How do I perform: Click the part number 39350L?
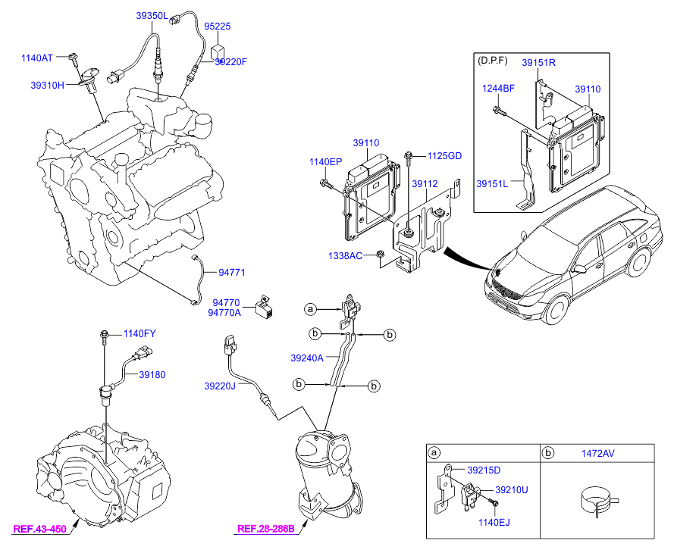click(x=152, y=15)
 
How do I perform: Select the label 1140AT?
click(x=37, y=58)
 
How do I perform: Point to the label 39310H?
click(x=47, y=86)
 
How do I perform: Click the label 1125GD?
click(x=444, y=155)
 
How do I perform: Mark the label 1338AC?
click(x=346, y=255)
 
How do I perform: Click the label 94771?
click(x=233, y=272)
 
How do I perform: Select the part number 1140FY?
click(x=140, y=333)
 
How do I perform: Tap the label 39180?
click(x=151, y=374)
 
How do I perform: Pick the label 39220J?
click(x=220, y=386)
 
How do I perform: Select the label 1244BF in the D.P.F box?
click(x=499, y=88)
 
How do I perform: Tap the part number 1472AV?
click(x=597, y=453)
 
